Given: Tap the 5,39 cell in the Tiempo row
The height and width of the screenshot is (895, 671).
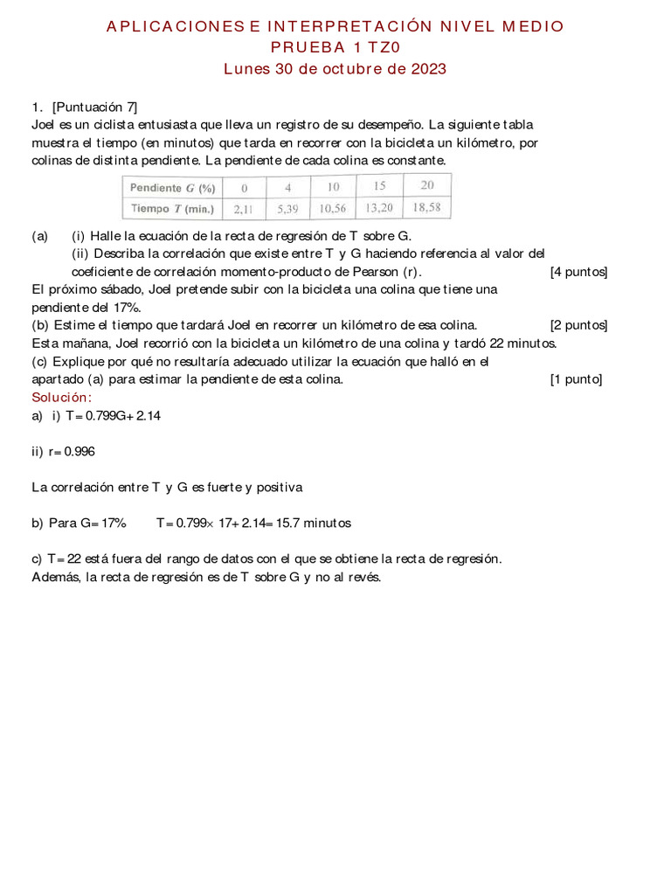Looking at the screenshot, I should pyautogui.click(x=287, y=210).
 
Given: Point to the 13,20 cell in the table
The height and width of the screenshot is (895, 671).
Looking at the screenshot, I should pyautogui.click(x=379, y=209).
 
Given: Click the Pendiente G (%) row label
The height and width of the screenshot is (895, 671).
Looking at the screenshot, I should pyautogui.click(x=172, y=188).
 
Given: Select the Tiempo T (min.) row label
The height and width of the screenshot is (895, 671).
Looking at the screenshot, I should pyautogui.click(x=172, y=209).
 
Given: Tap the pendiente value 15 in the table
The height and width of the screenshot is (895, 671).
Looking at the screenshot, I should pyautogui.click(x=379, y=186).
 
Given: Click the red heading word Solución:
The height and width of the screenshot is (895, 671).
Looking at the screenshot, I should pyautogui.click(x=61, y=398).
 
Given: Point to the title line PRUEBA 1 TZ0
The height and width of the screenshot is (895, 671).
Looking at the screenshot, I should pyautogui.click(x=335, y=47).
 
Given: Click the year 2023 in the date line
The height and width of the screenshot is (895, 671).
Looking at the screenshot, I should pyautogui.click(x=428, y=68).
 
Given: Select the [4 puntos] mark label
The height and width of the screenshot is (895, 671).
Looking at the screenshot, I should pyautogui.click(x=578, y=272).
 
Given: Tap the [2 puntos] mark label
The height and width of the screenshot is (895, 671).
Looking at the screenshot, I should pyautogui.click(x=578, y=325).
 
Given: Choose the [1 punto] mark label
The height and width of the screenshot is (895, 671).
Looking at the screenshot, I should pyautogui.click(x=576, y=378).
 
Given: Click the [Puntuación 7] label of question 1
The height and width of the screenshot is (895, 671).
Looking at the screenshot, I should pyautogui.click(x=94, y=108).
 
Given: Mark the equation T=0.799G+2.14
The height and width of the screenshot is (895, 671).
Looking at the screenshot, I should pyautogui.click(x=113, y=416).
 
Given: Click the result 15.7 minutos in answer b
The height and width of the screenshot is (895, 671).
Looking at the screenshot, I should pyautogui.click(x=314, y=523).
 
